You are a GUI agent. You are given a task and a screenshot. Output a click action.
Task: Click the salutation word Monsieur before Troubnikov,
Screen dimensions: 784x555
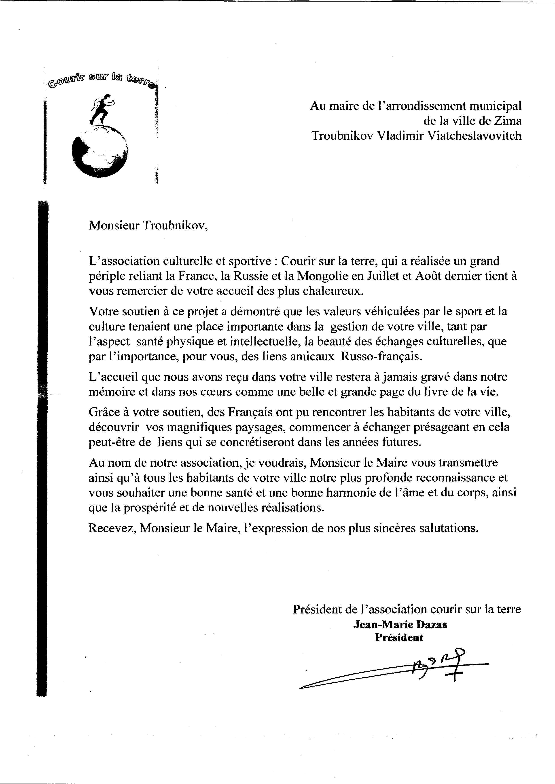coord(114,226)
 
